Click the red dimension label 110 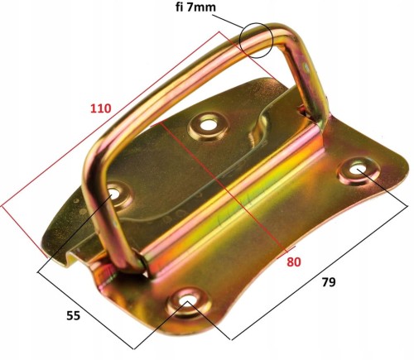(101, 108)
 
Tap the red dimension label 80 (294, 262)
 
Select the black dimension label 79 (329, 282)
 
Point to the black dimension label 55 (74, 315)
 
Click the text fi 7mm (195, 7)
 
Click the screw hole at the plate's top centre (209, 126)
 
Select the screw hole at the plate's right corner (357, 169)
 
